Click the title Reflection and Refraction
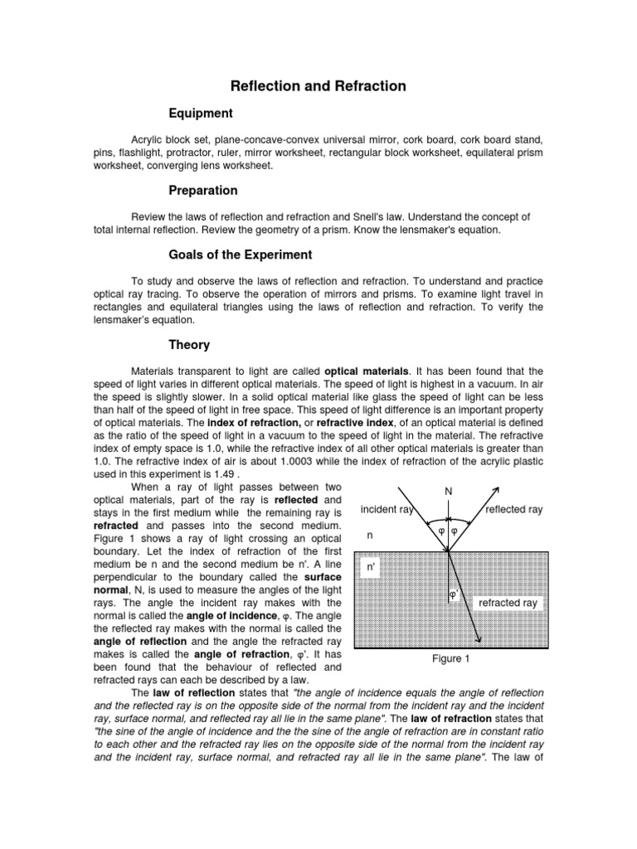318,85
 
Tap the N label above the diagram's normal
449,492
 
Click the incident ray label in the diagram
388,509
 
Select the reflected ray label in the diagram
513,509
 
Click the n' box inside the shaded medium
373,567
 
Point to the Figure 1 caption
451,658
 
